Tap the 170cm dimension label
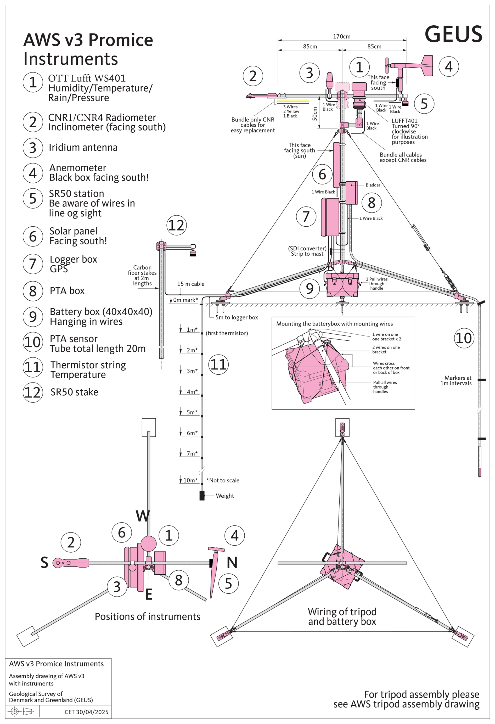(341, 36)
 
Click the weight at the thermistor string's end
(202, 496)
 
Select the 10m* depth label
(190, 480)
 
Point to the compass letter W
(143, 516)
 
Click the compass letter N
(232, 563)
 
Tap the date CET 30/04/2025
(86, 712)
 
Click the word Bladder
(373, 185)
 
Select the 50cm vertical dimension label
(315, 114)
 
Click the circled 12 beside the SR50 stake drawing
(177, 225)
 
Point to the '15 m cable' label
(191, 284)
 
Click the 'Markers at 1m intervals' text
(456, 380)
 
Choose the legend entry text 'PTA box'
(67, 291)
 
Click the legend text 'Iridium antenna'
(83, 147)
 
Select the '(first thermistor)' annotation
(227, 333)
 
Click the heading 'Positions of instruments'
(147, 616)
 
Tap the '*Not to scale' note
(223, 480)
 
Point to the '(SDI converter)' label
(307, 248)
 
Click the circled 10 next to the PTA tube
(464, 338)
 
